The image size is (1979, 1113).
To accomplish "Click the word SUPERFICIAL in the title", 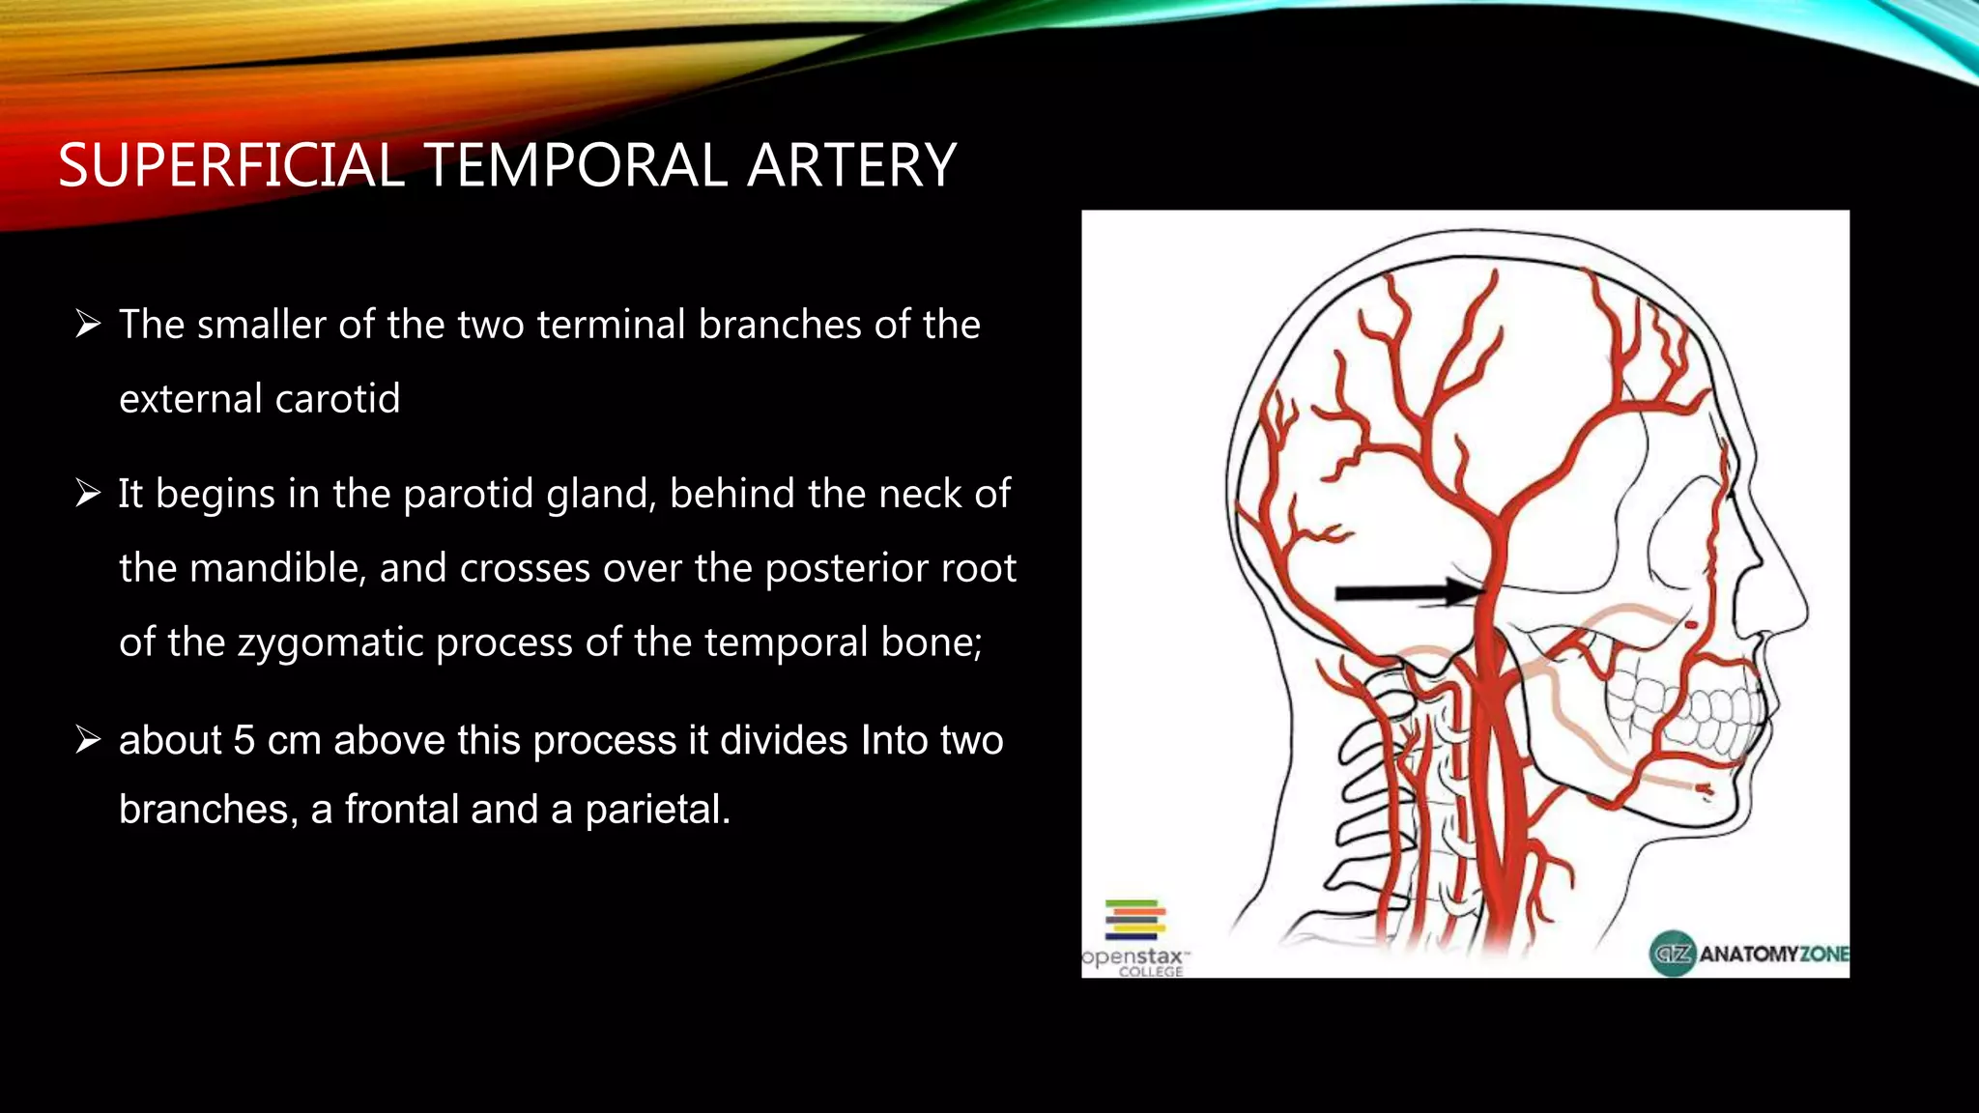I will pos(230,165).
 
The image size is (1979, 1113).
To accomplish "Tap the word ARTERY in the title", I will pos(851,165).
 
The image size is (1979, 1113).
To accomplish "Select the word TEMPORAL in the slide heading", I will pos(575,165).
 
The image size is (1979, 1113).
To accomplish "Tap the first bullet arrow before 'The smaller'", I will pos(88,325).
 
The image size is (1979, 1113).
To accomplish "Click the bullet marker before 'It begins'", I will pos(88,494).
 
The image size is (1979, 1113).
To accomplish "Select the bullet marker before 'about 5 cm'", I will pos(88,741).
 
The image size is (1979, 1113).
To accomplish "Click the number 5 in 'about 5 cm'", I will pos(244,741).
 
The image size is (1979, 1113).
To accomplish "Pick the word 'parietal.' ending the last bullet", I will pos(657,810).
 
